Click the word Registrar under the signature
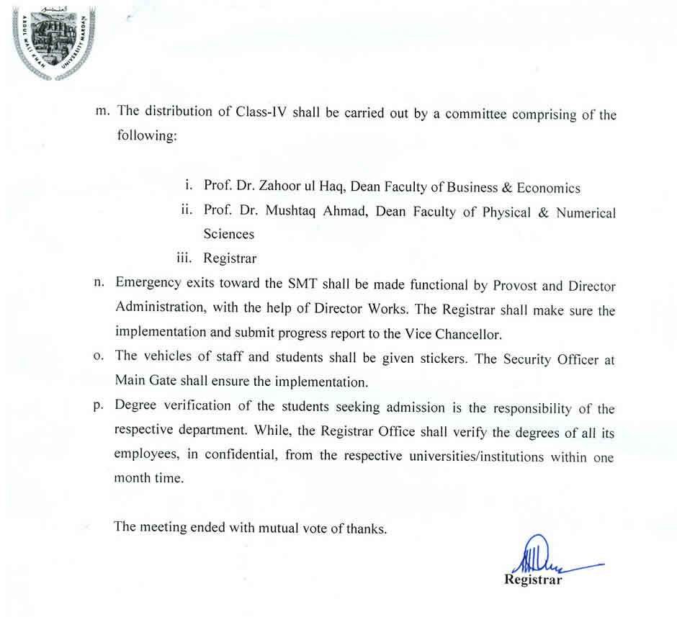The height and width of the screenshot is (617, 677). (533, 580)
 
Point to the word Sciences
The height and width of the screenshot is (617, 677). (228, 234)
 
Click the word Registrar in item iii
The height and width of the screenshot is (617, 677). (230, 258)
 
